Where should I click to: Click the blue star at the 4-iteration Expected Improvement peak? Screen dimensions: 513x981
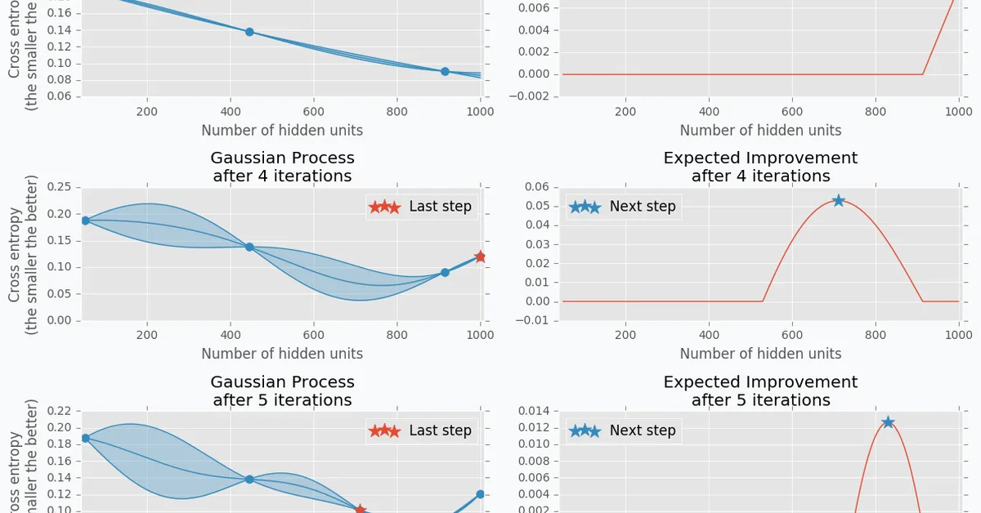[838, 200]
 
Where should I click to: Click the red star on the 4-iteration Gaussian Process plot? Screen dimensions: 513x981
[480, 256]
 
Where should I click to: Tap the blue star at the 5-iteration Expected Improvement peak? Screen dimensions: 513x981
[888, 422]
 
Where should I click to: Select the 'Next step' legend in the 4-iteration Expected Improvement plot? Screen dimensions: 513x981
[623, 207]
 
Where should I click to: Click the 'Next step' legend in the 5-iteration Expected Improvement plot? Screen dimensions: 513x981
[623, 430]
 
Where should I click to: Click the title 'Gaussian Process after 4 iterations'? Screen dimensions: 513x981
[282, 167]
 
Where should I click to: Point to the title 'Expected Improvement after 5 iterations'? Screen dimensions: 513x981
[760, 390]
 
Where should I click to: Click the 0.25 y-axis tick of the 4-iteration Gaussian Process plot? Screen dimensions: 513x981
[59, 187]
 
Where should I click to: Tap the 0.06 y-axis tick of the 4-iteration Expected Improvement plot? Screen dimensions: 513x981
[538, 187]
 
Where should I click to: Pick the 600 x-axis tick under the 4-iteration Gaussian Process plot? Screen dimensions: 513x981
[313, 334]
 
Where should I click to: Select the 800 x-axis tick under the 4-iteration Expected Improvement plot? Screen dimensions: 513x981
[875, 334]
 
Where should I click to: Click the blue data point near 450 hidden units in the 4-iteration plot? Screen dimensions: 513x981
[249, 247]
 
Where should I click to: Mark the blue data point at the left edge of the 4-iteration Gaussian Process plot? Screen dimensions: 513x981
[85, 221]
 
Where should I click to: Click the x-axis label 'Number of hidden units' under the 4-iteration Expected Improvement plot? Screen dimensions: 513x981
[760, 354]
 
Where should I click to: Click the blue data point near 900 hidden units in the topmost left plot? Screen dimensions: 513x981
[445, 71]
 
